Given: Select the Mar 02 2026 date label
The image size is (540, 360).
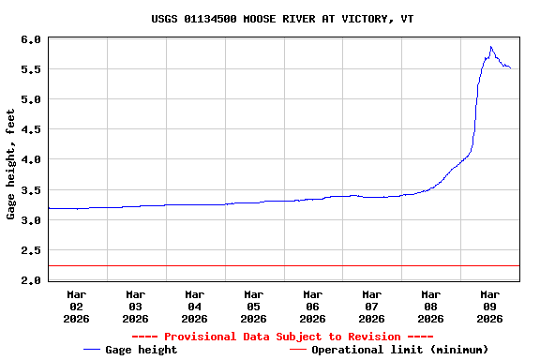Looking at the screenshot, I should point(77,306).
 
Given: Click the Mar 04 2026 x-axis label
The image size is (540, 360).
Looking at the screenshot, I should point(195,306).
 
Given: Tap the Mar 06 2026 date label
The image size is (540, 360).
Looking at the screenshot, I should point(312,306).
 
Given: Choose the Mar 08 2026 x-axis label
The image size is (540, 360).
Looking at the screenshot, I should point(430,306).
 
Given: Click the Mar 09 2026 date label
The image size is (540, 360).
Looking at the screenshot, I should point(489,306).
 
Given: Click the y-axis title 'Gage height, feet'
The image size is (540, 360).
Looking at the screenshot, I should point(11,164).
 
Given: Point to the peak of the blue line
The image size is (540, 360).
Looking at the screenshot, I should point(490,47).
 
